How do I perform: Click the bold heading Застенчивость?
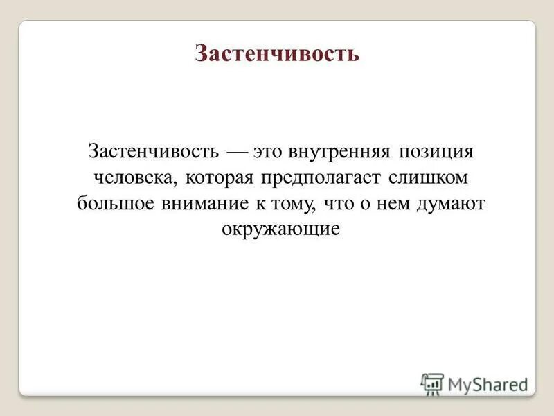pyautogui.click(x=277, y=54)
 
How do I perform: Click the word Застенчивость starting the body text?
pyautogui.click(x=154, y=150)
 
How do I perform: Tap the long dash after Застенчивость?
pyautogui.click(x=235, y=151)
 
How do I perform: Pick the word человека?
pyautogui.click(x=136, y=177)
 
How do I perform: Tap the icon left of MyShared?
pyautogui.click(x=431, y=383)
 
